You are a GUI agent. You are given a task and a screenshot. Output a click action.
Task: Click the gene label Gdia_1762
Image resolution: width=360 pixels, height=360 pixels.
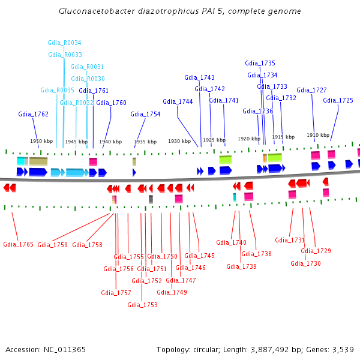(x=33, y=114)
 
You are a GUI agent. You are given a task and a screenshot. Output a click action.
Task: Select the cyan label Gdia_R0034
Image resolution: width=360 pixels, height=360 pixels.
(x=64, y=43)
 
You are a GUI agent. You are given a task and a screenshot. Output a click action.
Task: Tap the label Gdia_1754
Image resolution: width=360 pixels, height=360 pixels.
(x=145, y=114)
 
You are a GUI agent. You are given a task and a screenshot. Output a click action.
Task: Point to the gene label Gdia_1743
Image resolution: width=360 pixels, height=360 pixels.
(x=199, y=77)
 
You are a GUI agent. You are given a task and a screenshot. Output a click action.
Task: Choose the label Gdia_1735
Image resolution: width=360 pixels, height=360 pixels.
(x=260, y=63)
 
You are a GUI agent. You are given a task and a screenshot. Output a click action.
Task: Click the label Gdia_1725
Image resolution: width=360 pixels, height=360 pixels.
(x=338, y=100)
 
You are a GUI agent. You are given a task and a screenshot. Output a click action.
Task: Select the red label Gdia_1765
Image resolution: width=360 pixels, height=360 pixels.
(x=18, y=244)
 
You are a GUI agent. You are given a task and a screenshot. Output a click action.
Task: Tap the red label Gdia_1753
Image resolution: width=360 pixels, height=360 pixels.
(x=142, y=305)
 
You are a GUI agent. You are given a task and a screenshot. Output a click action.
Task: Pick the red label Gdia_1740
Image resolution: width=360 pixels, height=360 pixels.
(x=231, y=242)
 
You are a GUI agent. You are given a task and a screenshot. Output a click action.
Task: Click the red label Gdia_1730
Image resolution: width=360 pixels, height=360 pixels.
(x=305, y=263)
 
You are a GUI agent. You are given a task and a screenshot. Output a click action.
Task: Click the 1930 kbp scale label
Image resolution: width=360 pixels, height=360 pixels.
(x=179, y=141)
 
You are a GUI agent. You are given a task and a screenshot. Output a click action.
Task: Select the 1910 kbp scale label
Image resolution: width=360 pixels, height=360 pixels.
(x=318, y=135)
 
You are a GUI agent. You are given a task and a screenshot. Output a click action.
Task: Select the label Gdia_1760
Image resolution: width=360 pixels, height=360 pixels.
(x=111, y=103)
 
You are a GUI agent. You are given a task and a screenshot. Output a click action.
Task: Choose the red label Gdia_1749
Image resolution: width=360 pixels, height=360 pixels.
(x=172, y=292)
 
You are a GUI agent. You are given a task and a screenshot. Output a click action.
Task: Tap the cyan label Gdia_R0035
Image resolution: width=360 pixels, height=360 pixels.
(x=57, y=90)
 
